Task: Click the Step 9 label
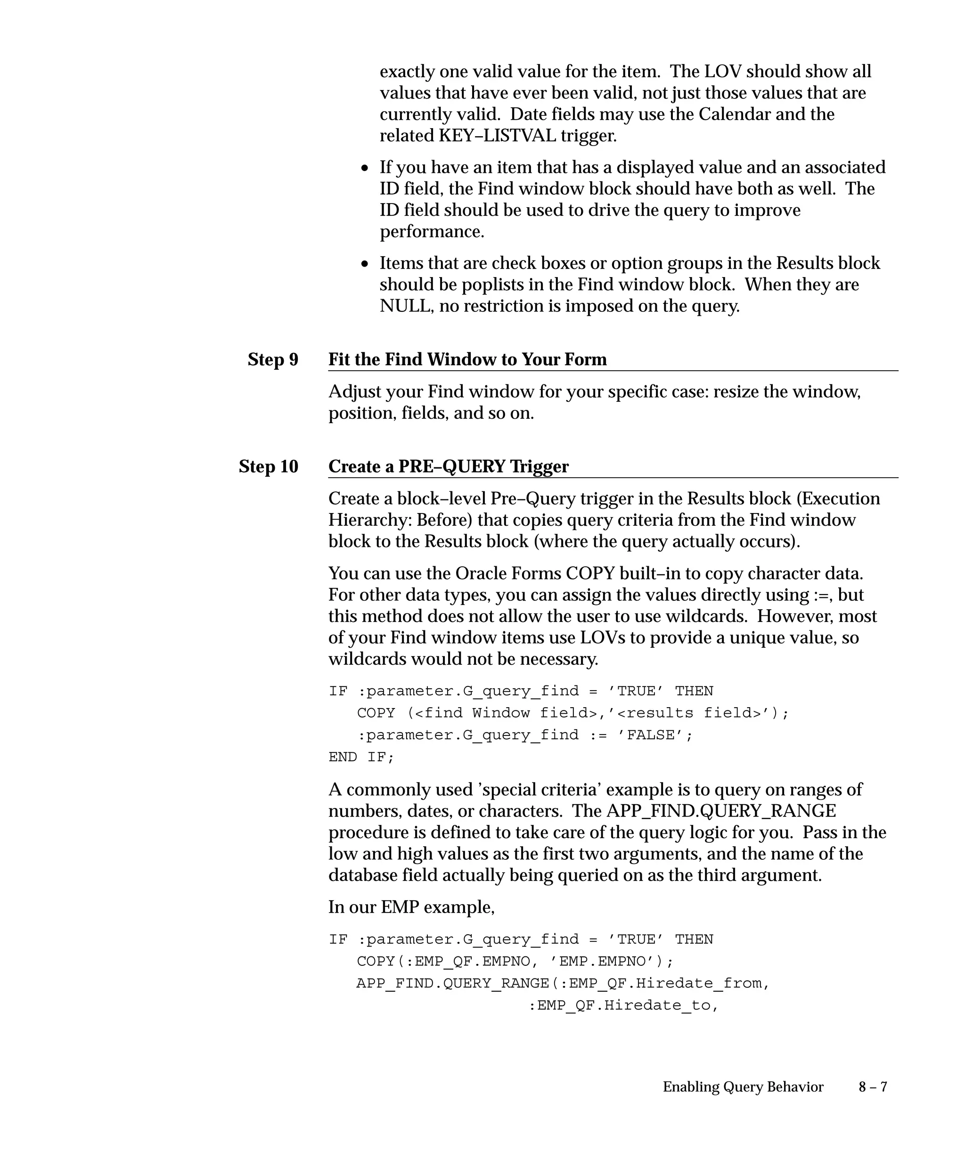[272, 359]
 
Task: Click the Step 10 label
[268, 466]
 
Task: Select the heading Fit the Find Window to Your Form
[467, 359]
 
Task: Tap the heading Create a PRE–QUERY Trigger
[448, 466]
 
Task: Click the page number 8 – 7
[872, 1087]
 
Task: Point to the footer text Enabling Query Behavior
[742, 1087]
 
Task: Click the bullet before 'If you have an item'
[365, 168]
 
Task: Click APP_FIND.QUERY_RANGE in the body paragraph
[721, 811]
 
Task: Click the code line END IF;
[361, 757]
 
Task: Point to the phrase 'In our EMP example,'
[411, 907]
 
